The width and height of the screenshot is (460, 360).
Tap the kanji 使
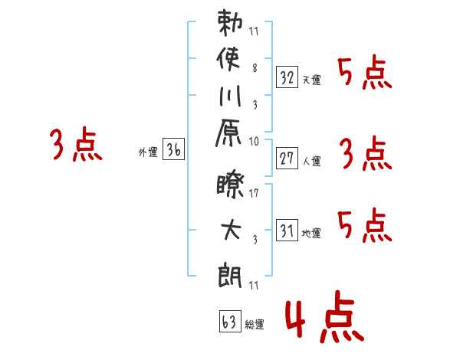tap(228, 59)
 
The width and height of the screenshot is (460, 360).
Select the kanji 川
tap(230, 96)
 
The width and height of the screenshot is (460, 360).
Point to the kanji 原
tap(228, 133)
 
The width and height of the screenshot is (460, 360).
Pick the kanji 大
tap(232, 230)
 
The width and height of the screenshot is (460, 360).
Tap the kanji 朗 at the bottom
tap(230, 276)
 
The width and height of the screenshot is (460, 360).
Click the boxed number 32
tap(287, 77)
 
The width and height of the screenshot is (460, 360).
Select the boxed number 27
tap(287, 159)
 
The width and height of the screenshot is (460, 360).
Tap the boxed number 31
tap(287, 230)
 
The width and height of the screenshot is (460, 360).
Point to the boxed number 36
tap(174, 149)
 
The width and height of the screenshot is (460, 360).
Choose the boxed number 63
tap(230, 321)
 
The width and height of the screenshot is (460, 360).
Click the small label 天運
tap(312, 80)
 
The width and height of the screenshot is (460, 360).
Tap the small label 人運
tap(312, 161)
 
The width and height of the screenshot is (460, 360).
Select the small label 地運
tap(311, 233)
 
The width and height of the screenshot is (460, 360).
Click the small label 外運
tap(148, 152)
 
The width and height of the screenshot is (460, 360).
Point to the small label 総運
tap(255, 324)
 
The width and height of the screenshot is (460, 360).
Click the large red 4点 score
tap(324, 316)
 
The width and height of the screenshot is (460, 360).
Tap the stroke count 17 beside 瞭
tap(254, 192)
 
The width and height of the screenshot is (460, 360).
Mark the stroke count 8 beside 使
tap(255, 68)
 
